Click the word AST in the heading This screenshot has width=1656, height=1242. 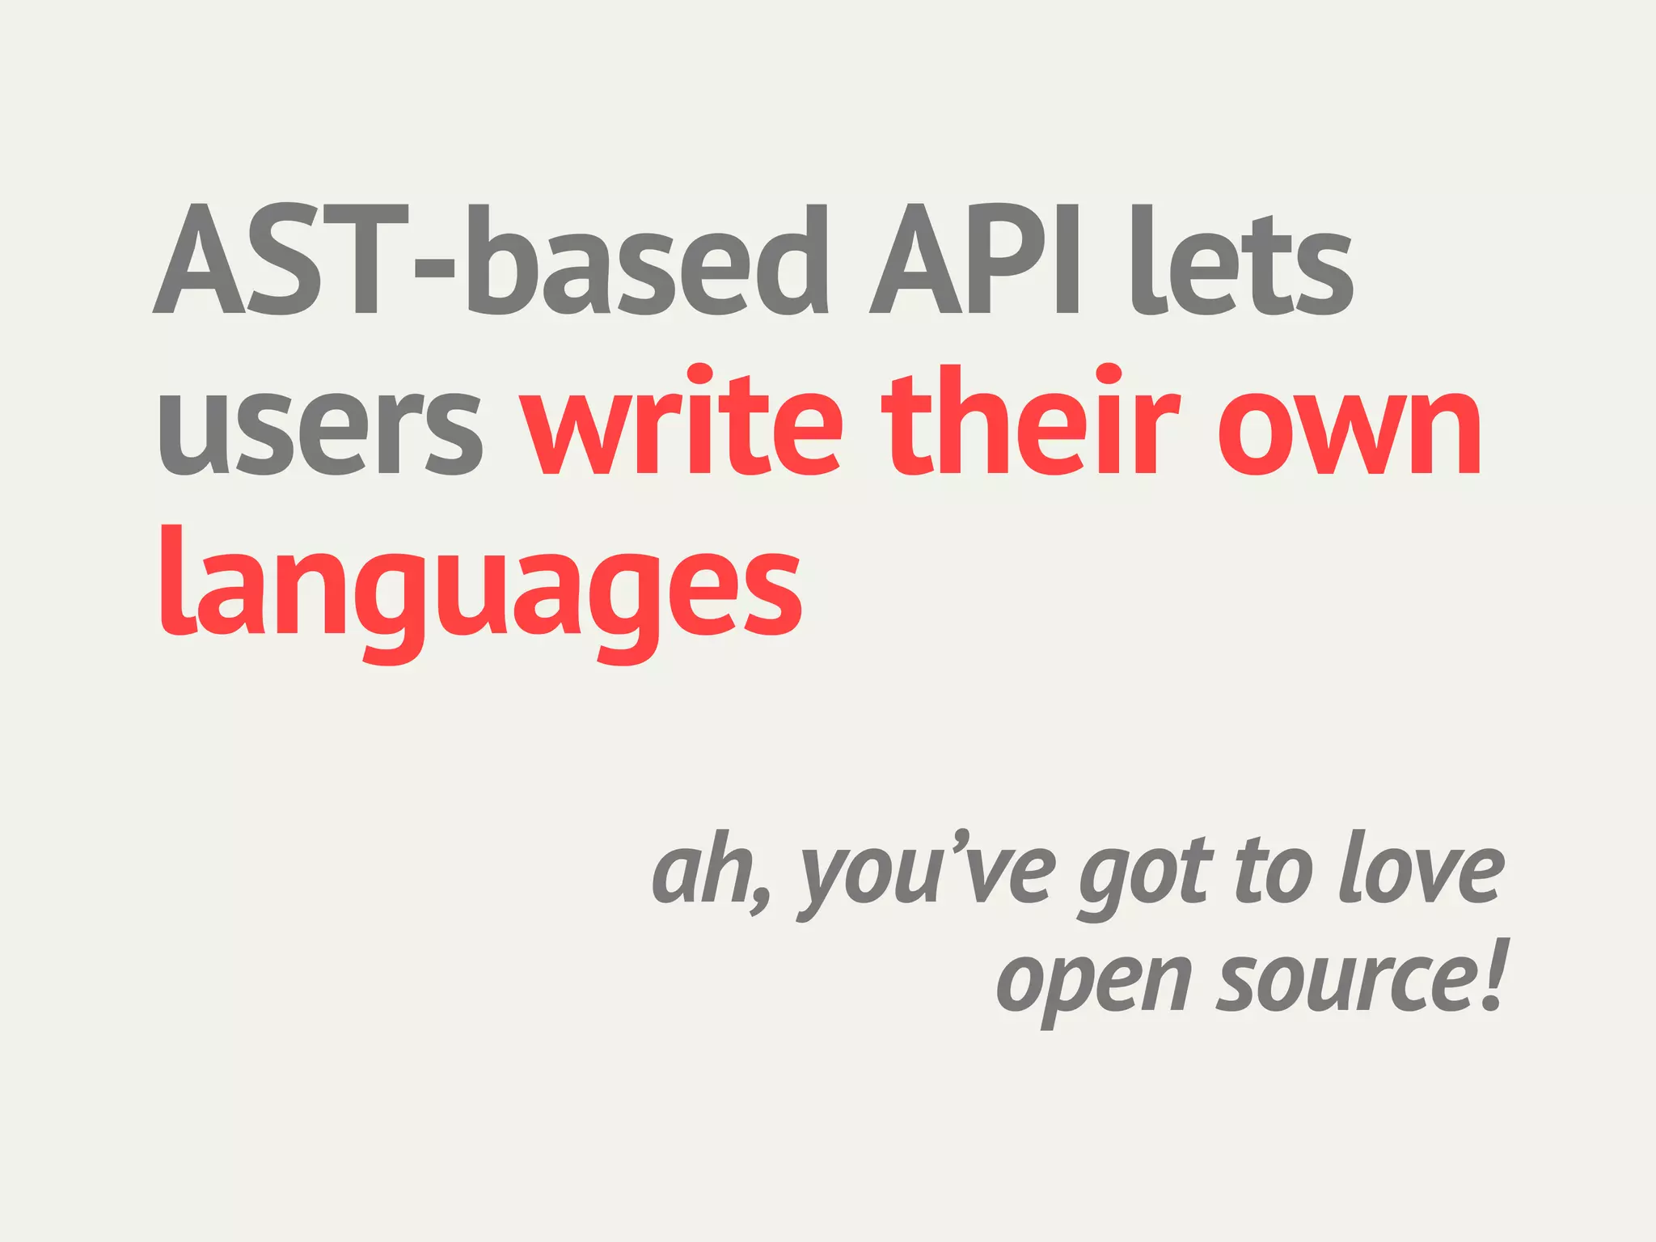(280, 259)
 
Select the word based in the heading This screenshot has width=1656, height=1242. (647, 259)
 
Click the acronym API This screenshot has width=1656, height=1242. (974, 259)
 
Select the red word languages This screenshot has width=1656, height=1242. (480, 590)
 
